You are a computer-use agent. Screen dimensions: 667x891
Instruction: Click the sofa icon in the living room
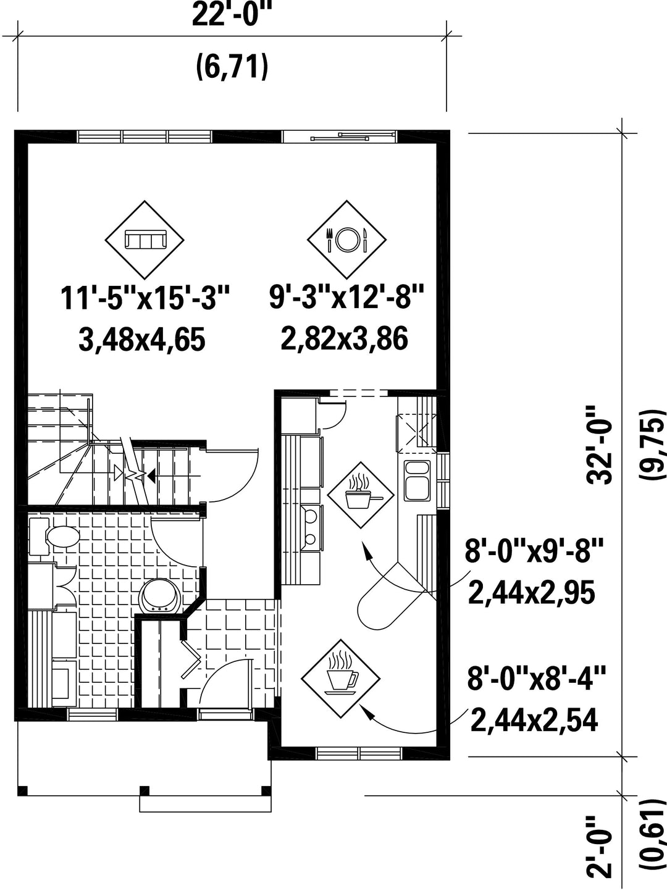click(145, 240)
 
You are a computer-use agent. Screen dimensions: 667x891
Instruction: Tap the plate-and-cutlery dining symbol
click(346, 240)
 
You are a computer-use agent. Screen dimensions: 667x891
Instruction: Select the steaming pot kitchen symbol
click(361, 495)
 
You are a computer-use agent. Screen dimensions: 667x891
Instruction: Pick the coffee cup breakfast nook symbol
click(341, 679)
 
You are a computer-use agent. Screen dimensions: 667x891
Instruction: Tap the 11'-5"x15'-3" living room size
click(145, 298)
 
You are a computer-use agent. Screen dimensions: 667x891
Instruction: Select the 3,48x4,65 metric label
click(141, 340)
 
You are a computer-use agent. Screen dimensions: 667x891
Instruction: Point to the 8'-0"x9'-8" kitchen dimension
click(534, 550)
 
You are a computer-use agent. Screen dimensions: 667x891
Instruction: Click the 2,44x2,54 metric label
click(534, 721)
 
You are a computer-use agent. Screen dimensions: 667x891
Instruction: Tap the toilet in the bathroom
click(55, 537)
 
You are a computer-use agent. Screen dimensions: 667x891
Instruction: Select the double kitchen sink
click(417, 480)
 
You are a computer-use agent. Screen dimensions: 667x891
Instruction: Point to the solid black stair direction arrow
click(152, 475)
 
